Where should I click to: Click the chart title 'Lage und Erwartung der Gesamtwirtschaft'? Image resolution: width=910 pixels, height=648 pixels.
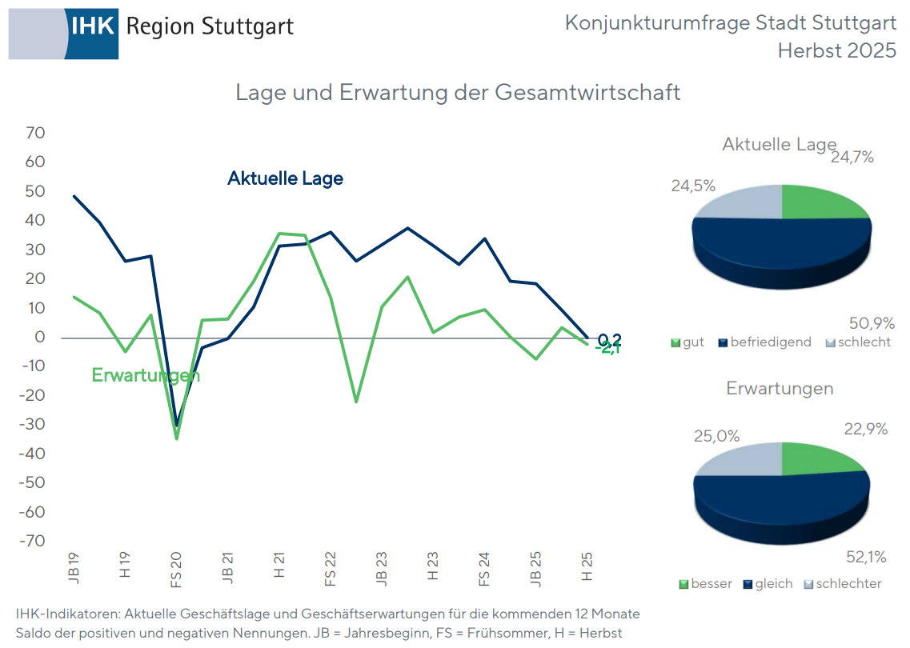pos(458,92)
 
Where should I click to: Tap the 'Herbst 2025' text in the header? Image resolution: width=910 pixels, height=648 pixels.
pos(836,50)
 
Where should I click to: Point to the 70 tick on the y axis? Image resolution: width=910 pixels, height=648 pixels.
pos(35,132)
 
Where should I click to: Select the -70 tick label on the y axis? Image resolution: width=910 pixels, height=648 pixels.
pos(33,541)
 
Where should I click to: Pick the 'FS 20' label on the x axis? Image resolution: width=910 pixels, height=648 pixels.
pos(176,568)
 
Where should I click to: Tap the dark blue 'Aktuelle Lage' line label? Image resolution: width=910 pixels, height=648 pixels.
pos(285,178)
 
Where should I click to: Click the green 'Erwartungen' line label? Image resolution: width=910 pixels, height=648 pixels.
pos(145,375)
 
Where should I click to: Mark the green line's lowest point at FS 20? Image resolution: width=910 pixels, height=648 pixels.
pos(177,438)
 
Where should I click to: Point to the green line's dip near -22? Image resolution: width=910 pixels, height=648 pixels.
pos(356,402)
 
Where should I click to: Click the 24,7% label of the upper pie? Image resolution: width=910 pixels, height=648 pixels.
pos(852,158)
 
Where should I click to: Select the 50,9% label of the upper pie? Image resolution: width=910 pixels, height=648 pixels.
pos(870,323)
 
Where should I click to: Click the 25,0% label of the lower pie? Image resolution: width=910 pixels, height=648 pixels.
pos(716,437)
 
